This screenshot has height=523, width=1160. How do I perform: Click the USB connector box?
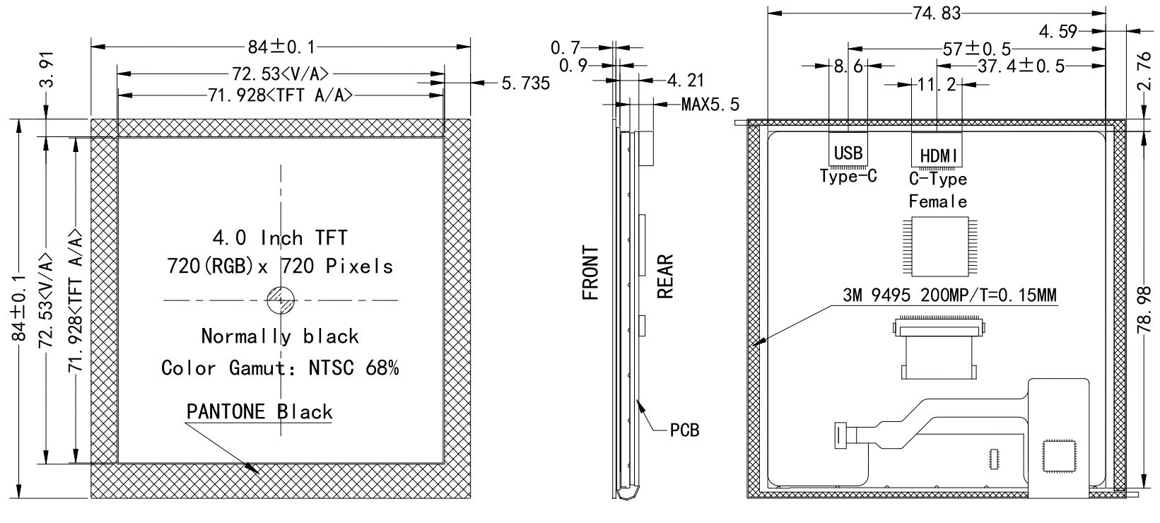point(848,151)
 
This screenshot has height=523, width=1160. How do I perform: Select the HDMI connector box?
point(937,152)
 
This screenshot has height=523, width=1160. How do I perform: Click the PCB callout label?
point(684,430)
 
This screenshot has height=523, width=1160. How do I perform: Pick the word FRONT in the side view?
point(591,273)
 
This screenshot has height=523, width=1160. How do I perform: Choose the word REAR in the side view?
point(664,277)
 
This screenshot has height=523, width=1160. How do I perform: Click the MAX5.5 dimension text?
point(710,105)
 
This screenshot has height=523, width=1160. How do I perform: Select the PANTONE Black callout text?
point(259,411)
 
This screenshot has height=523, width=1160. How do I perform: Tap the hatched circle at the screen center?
point(281,301)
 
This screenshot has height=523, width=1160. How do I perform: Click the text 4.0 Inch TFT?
point(281,237)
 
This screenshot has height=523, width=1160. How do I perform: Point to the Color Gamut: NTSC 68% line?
point(281,368)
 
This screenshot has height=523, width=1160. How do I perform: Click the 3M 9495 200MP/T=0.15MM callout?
point(949,295)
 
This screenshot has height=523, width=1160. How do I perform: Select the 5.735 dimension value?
point(525,83)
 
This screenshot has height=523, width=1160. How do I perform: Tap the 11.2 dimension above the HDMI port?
point(937,85)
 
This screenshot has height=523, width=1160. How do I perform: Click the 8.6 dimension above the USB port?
point(848,66)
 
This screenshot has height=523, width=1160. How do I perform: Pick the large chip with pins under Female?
point(937,247)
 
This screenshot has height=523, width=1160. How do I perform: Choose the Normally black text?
point(281,336)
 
